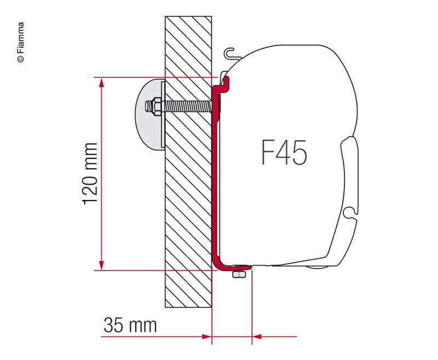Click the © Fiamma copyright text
click(x=21, y=43)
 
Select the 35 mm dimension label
click(x=130, y=325)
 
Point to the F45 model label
click(x=283, y=153)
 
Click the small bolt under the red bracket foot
click(x=238, y=274)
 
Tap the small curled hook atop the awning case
click(x=232, y=53)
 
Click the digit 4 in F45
click(x=283, y=153)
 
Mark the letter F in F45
click(x=267, y=153)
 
